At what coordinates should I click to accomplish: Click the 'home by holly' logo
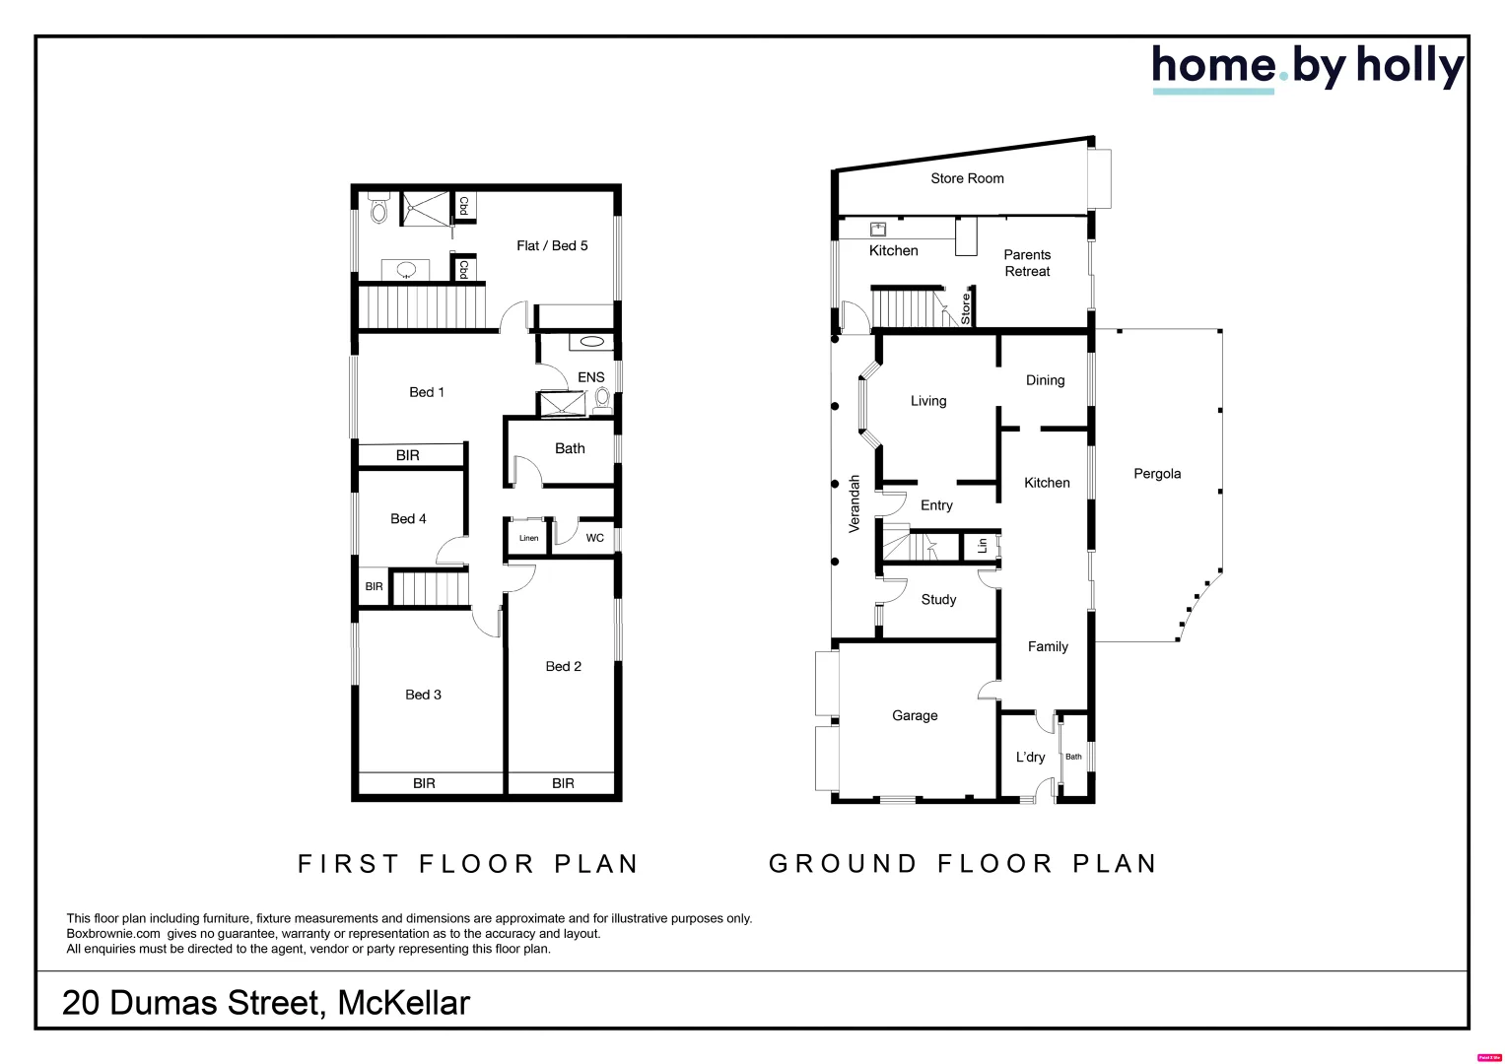point(1307,67)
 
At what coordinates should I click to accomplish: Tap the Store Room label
point(967,178)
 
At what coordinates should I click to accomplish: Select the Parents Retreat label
point(1027,263)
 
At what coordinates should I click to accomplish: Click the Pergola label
point(1156,474)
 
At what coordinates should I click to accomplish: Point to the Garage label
point(915,716)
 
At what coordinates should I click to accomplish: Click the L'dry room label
point(1030,758)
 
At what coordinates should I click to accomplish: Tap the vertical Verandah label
point(855,503)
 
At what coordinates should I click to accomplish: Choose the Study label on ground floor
point(938,600)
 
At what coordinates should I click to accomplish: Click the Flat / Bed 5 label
point(552,246)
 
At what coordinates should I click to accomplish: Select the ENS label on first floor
point(590,377)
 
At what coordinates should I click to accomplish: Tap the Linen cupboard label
point(529,539)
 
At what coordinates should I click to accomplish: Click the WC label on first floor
point(594,539)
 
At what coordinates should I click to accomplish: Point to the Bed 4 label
point(408,519)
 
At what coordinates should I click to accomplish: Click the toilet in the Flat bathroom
point(378,210)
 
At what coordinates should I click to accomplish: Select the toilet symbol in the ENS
point(602,397)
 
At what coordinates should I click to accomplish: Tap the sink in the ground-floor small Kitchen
point(878,230)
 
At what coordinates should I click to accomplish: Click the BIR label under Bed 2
point(563,784)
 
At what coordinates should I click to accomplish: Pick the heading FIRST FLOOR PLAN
point(468,864)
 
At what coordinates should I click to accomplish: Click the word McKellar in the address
point(403,1003)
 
